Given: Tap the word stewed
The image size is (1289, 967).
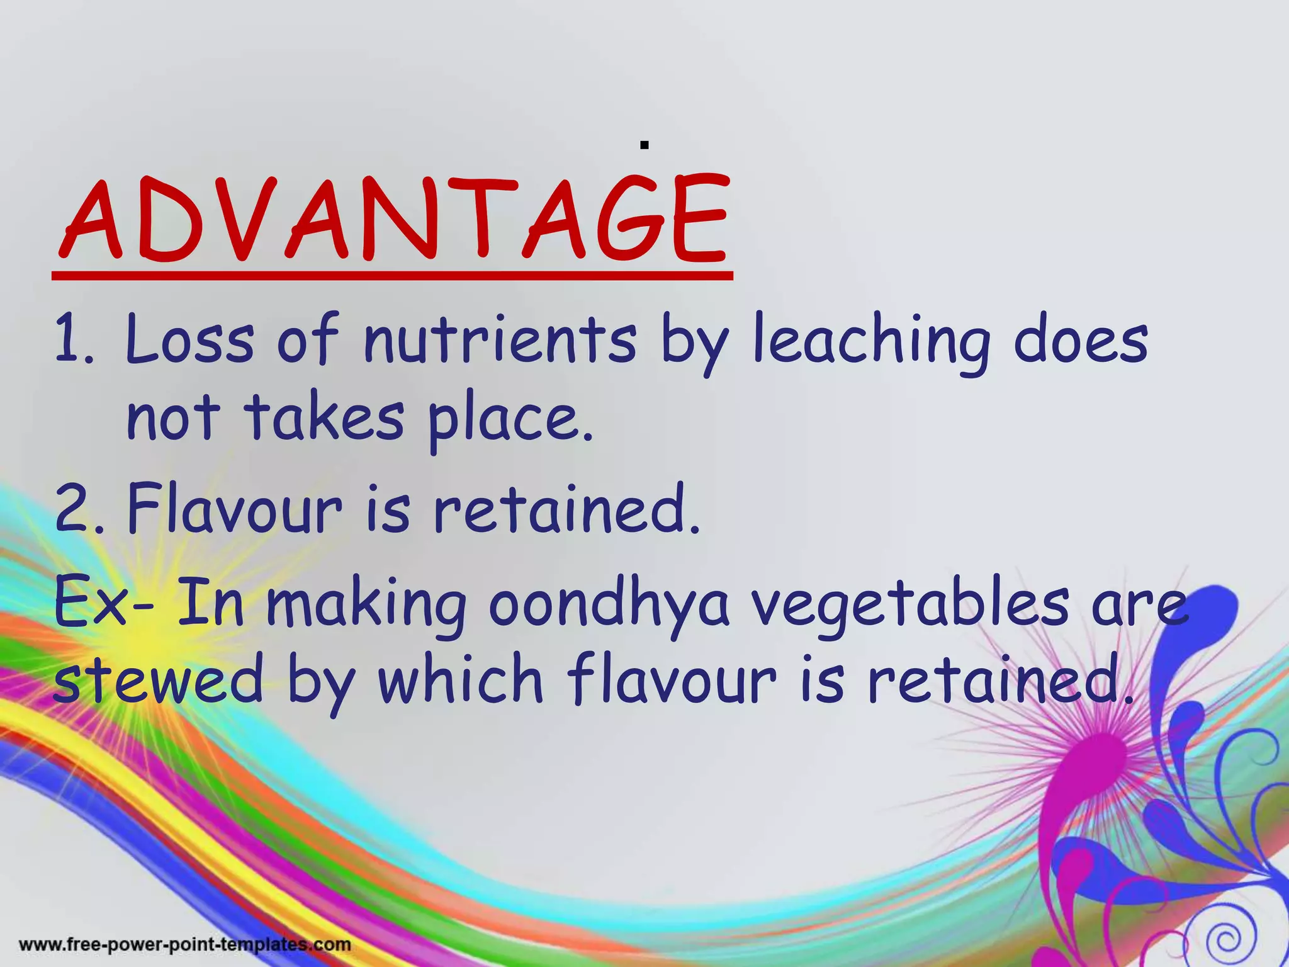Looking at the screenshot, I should pos(158,682).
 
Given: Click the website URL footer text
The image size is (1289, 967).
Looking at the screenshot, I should pos(185,944).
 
